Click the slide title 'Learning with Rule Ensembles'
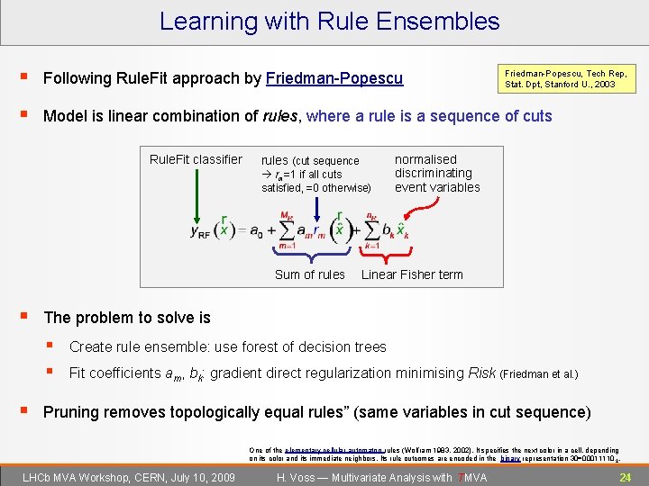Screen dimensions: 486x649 [x=329, y=21]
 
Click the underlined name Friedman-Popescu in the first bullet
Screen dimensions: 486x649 [x=334, y=79]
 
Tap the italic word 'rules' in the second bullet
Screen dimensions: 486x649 [x=282, y=116]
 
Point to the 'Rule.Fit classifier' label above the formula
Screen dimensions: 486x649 [x=196, y=160]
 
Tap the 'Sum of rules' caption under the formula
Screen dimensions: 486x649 [x=309, y=274]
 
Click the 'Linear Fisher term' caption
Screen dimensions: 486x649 [x=412, y=274]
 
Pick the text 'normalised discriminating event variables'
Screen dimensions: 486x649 [x=437, y=174]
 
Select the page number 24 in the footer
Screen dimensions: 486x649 [x=625, y=477]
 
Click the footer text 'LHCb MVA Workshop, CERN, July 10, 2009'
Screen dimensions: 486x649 [x=129, y=477]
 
